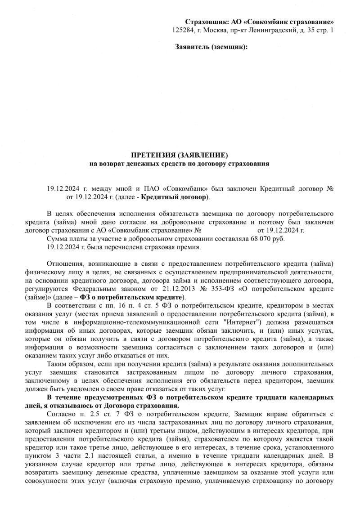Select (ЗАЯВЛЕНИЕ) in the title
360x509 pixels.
202,155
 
